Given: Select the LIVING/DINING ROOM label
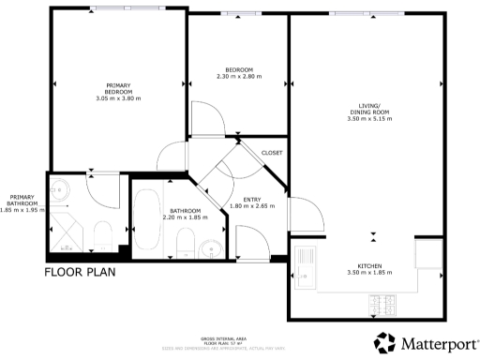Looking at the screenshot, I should point(367,109).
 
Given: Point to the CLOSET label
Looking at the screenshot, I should point(272,153).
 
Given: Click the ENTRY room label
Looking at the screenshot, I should point(251,199).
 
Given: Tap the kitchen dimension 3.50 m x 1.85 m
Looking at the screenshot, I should point(367,272).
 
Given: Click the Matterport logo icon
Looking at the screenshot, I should point(385,342).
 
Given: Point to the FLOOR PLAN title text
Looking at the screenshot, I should point(83,274).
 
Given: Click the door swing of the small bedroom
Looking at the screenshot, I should point(208,117).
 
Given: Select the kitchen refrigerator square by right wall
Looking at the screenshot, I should point(427,252).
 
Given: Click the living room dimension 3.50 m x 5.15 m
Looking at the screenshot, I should point(367,119).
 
